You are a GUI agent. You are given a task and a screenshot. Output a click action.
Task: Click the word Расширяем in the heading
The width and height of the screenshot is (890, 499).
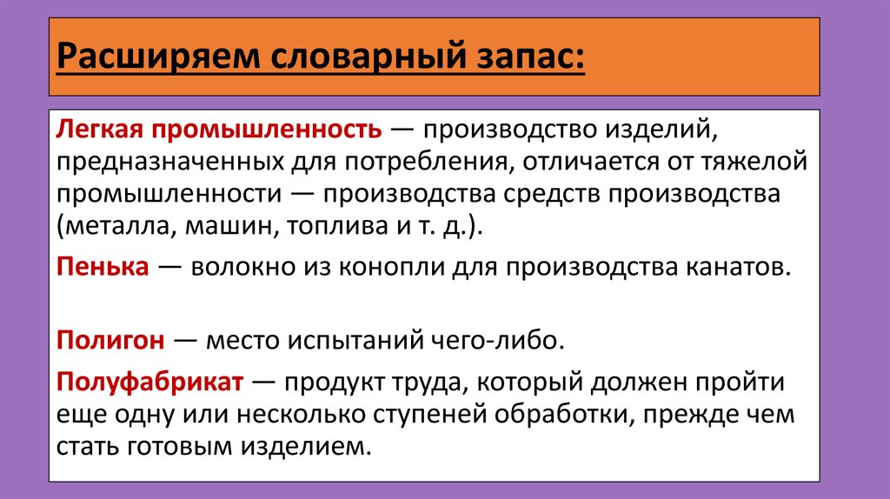158,57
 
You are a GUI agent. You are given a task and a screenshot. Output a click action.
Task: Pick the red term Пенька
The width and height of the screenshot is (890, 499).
103,266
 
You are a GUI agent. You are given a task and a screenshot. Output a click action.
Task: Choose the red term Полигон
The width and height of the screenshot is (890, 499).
110,340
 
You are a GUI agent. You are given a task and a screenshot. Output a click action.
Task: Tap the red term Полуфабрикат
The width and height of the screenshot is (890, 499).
149,381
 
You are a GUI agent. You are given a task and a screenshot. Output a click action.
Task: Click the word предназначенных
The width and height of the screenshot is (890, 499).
170,162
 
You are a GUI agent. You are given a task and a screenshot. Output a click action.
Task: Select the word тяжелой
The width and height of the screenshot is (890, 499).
754,162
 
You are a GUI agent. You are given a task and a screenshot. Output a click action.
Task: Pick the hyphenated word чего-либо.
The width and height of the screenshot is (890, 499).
498,340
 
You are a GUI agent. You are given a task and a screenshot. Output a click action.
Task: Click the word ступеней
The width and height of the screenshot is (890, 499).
429,415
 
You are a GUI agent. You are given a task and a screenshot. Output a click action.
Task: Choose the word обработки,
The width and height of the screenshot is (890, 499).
564,414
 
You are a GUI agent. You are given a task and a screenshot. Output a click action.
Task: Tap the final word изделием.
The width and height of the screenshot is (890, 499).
307,446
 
